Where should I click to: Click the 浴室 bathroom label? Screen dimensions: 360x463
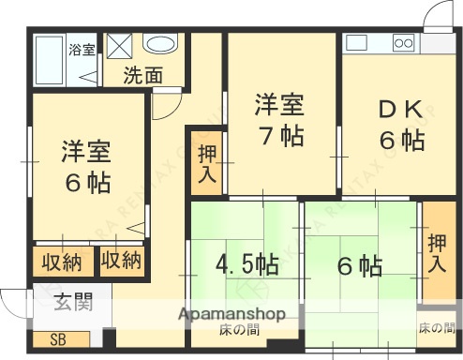tap(82, 49)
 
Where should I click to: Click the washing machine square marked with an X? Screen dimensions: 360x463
tap(119, 46)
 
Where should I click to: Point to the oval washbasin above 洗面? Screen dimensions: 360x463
tap(160, 44)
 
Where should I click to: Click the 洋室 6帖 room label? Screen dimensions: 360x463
tap(87, 164)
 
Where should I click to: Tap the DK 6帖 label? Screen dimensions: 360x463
tap(401, 126)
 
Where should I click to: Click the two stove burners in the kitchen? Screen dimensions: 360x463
tap(404, 42)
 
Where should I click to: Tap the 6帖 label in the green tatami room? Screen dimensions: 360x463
tap(359, 266)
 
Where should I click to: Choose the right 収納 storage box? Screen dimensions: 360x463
tap(123, 260)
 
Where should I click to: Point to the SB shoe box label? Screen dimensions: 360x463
tap(58, 339)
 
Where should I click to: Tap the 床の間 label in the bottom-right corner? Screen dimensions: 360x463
tap(436, 327)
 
